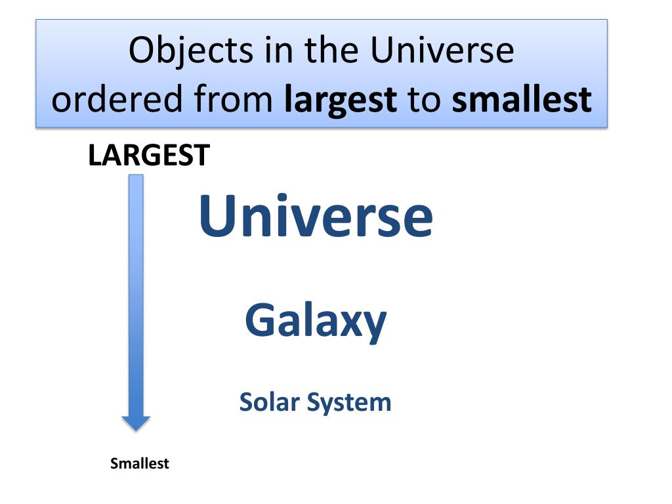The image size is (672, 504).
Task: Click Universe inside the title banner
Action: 442,51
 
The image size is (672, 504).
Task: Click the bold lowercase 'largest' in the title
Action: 341,100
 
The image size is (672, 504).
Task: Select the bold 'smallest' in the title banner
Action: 522,100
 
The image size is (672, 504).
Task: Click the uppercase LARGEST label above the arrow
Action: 149,156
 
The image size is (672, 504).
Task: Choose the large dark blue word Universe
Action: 316,217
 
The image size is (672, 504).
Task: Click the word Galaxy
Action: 316,321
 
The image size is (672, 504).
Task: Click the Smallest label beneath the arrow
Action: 140,463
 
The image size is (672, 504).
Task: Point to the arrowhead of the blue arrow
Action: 136,423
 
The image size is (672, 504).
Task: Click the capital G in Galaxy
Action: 261,320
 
